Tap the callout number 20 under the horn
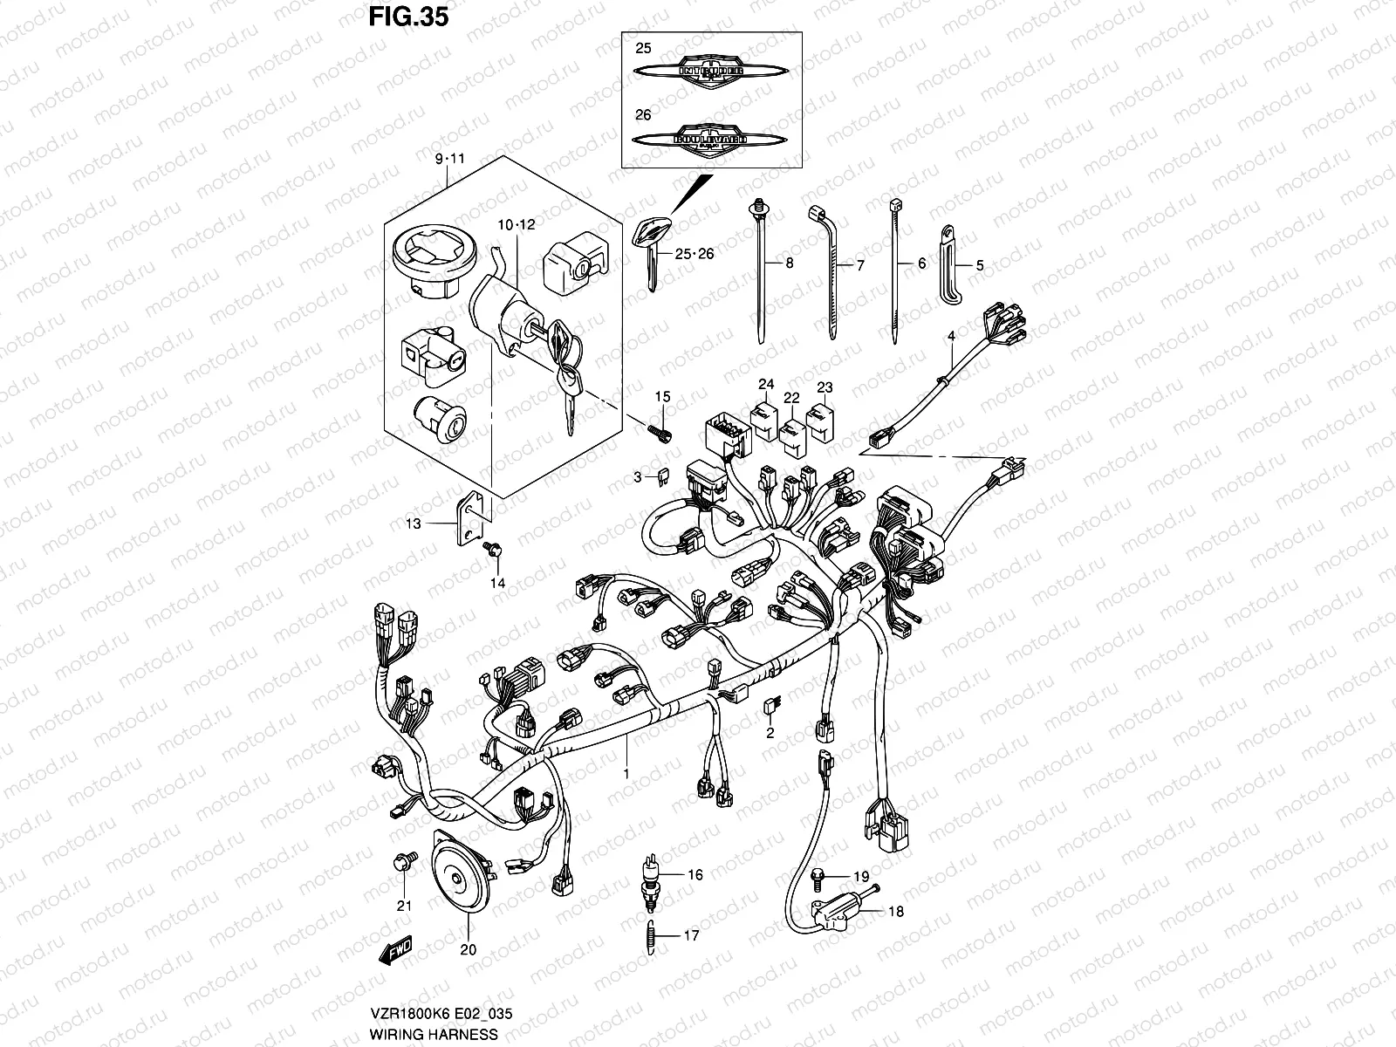point(468,950)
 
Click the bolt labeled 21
point(402,861)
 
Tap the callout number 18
point(896,912)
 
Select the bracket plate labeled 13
point(470,520)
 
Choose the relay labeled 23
point(822,417)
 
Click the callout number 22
point(791,398)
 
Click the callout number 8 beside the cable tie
point(790,263)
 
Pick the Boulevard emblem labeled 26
point(713,141)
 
